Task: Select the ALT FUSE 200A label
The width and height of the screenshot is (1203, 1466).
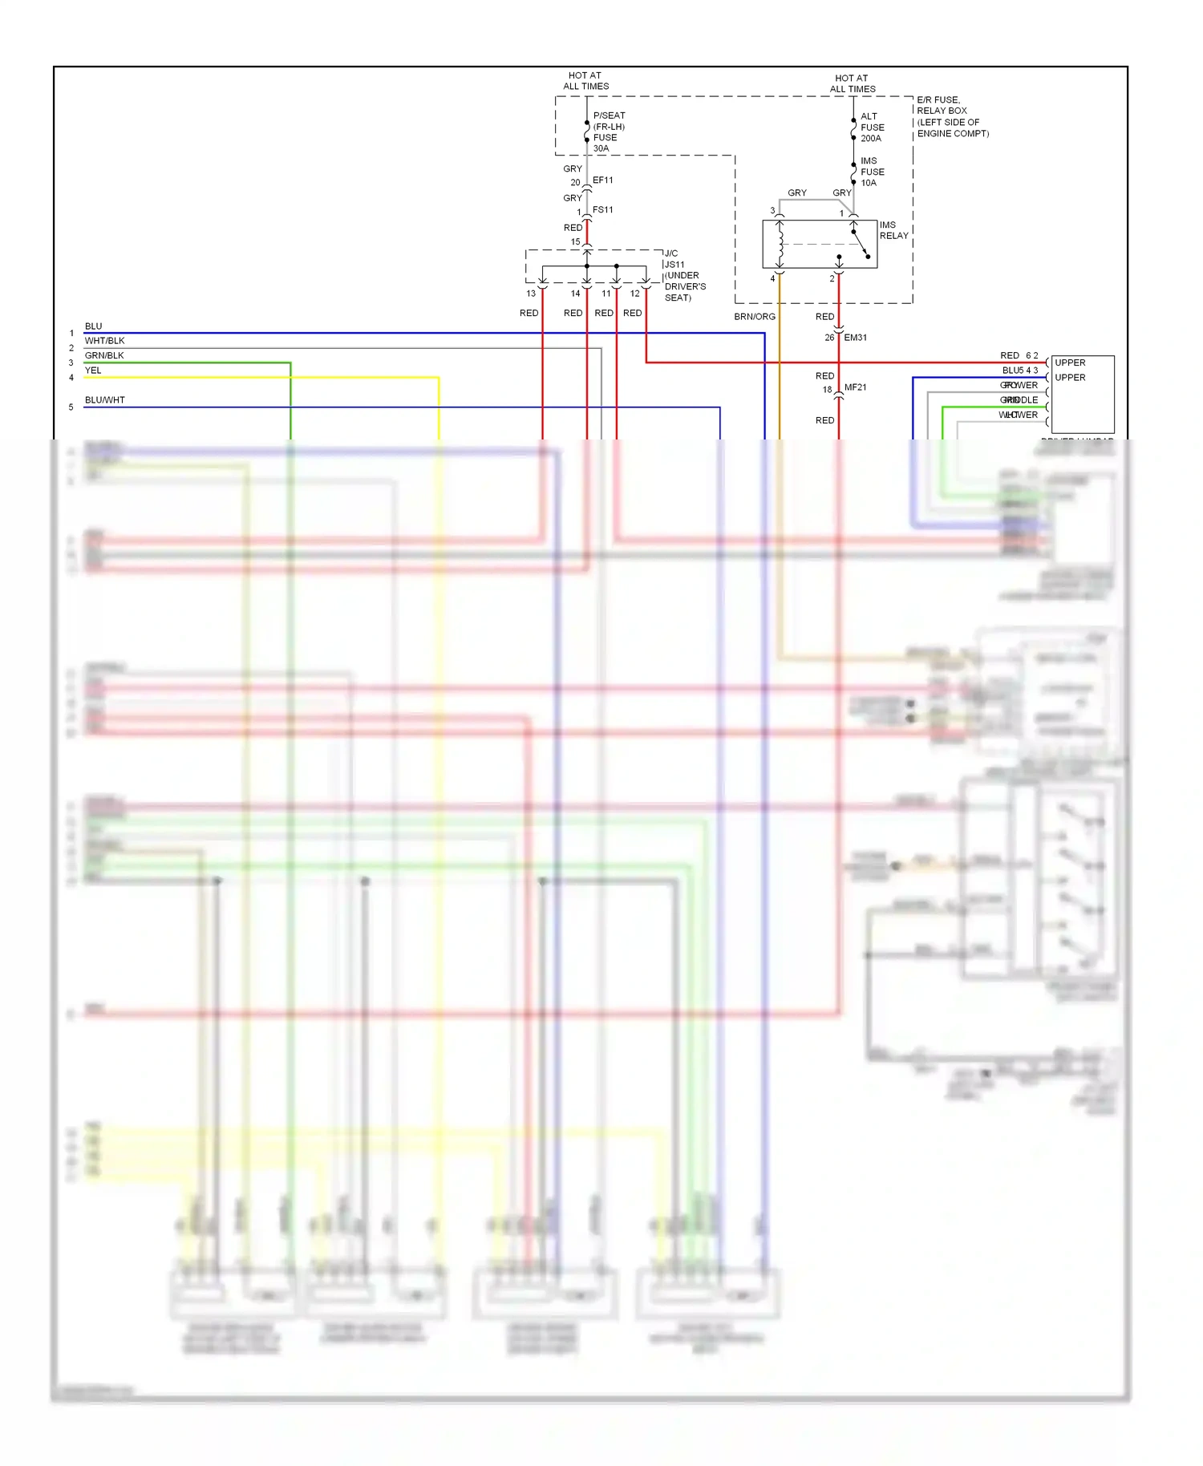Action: tap(872, 128)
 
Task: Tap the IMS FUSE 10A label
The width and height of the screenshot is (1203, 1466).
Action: tap(872, 172)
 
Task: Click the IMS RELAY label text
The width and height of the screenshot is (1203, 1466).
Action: tap(893, 230)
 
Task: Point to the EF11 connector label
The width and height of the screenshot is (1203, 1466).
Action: tap(602, 180)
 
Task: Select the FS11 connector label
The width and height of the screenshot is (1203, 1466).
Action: tap(602, 210)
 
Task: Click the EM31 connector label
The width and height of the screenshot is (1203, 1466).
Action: tap(855, 338)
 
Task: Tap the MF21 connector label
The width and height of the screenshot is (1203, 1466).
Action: tap(855, 387)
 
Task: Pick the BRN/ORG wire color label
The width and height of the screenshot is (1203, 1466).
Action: tap(755, 317)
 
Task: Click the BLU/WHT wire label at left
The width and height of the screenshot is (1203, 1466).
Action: tap(105, 400)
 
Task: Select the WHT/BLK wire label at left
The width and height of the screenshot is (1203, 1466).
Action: tap(105, 341)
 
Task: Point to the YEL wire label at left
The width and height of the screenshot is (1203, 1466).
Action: tap(93, 371)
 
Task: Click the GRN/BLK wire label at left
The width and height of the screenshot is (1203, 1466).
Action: tap(104, 355)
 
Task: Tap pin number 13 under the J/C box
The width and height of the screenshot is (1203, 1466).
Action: tap(531, 294)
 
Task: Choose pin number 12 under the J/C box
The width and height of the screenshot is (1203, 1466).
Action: tap(635, 294)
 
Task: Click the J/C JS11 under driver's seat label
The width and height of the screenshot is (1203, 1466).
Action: tap(684, 275)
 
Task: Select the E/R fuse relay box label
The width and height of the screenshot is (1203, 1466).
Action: tap(952, 117)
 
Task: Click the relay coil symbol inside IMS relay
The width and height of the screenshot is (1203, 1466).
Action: tap(780, 244)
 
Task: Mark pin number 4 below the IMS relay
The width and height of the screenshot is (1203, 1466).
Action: tap(773, 279)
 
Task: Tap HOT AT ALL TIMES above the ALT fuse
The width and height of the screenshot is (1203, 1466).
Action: tap(852, 83)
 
